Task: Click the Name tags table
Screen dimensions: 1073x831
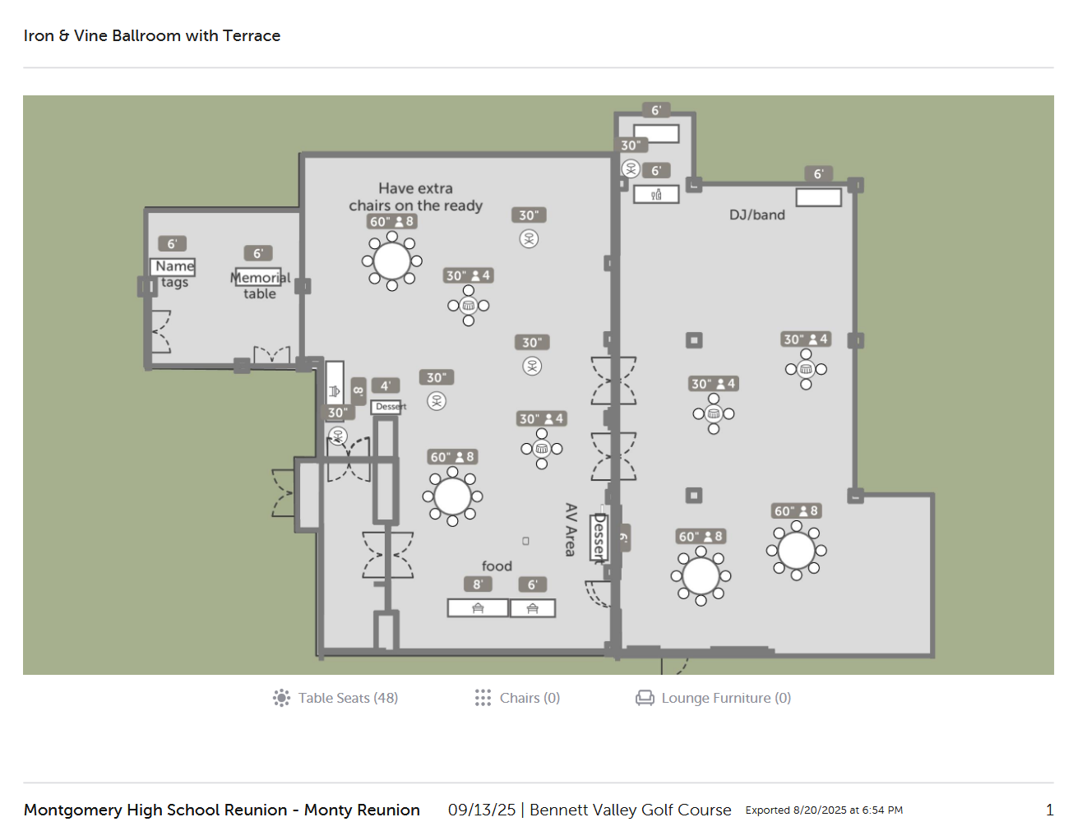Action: coord(173,267)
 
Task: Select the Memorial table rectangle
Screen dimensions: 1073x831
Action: coord(257,276)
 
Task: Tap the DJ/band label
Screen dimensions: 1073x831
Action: coord(756,215)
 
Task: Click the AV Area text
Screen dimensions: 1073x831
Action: coord(571,529)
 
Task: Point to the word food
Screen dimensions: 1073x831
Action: coord(497,566)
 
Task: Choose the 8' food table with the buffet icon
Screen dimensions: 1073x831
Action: coord(477,608)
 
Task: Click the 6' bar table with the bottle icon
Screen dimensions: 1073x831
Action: coord(656,195)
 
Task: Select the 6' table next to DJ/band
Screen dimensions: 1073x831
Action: coord(818,197)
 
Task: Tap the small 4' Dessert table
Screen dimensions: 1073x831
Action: coord(385,407)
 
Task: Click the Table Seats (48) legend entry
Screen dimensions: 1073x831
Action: coord(335,698)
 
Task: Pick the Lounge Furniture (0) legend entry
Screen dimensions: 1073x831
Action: coord(713,698)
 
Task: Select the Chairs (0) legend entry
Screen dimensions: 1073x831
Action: coord(517,698)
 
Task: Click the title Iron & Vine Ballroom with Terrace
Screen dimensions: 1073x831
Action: coord(152,36)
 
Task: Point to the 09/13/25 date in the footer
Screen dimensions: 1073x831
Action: coord(482,810)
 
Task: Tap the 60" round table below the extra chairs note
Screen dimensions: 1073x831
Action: coord(391,261)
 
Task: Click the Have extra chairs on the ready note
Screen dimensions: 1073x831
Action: coord(415,197)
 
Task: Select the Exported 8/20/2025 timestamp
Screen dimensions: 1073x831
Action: coord(824,810)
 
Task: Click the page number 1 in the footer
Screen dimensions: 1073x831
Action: coord(1049,810)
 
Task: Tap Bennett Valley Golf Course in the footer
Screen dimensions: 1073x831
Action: coord(630,810)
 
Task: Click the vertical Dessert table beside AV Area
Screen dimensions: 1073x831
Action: coord(599,538)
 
